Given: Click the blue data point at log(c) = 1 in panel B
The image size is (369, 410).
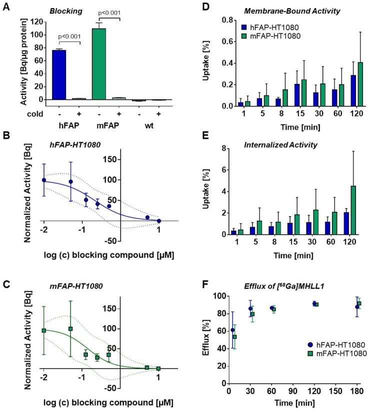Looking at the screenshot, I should pos(159,221).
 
